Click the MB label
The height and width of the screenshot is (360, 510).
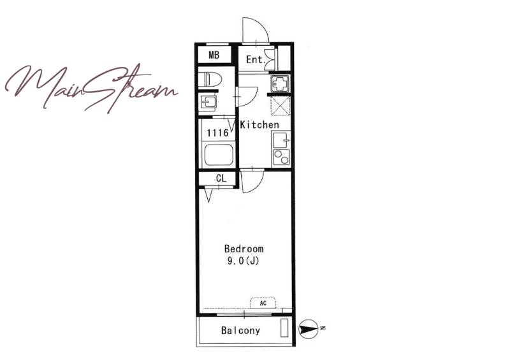pyautogui.click(x=214, y=55)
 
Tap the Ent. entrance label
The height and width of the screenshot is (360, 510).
pyautogui.click(x=256, y=59)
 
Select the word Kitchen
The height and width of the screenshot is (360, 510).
pyautogui.click(x=259, y=124)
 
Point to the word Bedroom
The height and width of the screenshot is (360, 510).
pyautogui.click(x=244, y=249)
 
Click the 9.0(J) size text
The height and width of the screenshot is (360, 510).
pyautogui.click(x=243, y=261)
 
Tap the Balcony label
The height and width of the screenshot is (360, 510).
pyautogui.click(x=241, y=331)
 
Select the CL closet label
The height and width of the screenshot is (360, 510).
pyautogui.click(x=221, y=178)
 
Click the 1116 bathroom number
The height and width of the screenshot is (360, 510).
pyautogui.click(x=217, y=133)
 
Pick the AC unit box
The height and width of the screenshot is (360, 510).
pyautogui.click(x=263, y=303)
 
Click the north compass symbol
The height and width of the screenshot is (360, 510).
pyautogui.click(x=308, y=329)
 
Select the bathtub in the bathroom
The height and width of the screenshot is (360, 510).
pyautogui.click(x=219, y=154)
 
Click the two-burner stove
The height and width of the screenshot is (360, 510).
pyautogui.click(x=281, y=157)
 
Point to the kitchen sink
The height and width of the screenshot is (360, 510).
pyautogui.click(x=281, y=140)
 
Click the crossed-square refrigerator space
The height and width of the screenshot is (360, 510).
pyautogui.click(x=280, y=105)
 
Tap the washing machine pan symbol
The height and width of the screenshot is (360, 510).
pyautogui.click(x=280, y=83)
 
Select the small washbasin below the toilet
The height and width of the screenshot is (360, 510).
pyautogui.click(x=208, y=103)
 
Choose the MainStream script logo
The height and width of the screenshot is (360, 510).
pyautogui.click(x=92, y=88)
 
